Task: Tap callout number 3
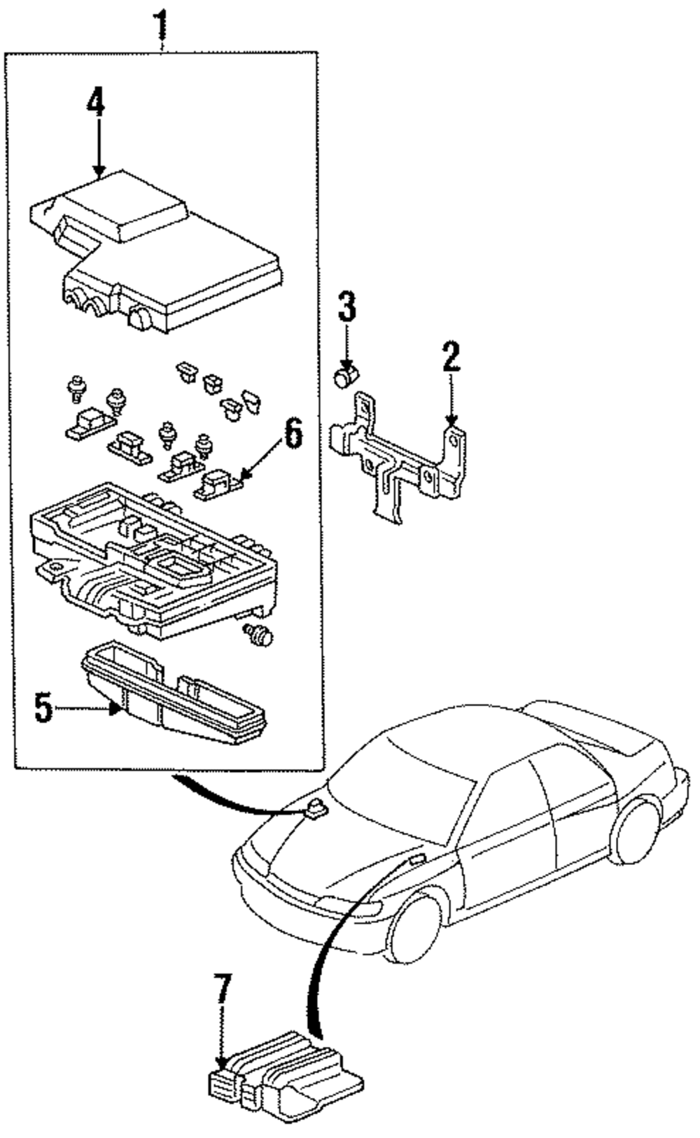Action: pos(347,305)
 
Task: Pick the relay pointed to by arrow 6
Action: pos(216,485)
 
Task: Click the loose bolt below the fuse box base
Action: pos(259,634)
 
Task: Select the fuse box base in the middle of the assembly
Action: pos(153,561)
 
